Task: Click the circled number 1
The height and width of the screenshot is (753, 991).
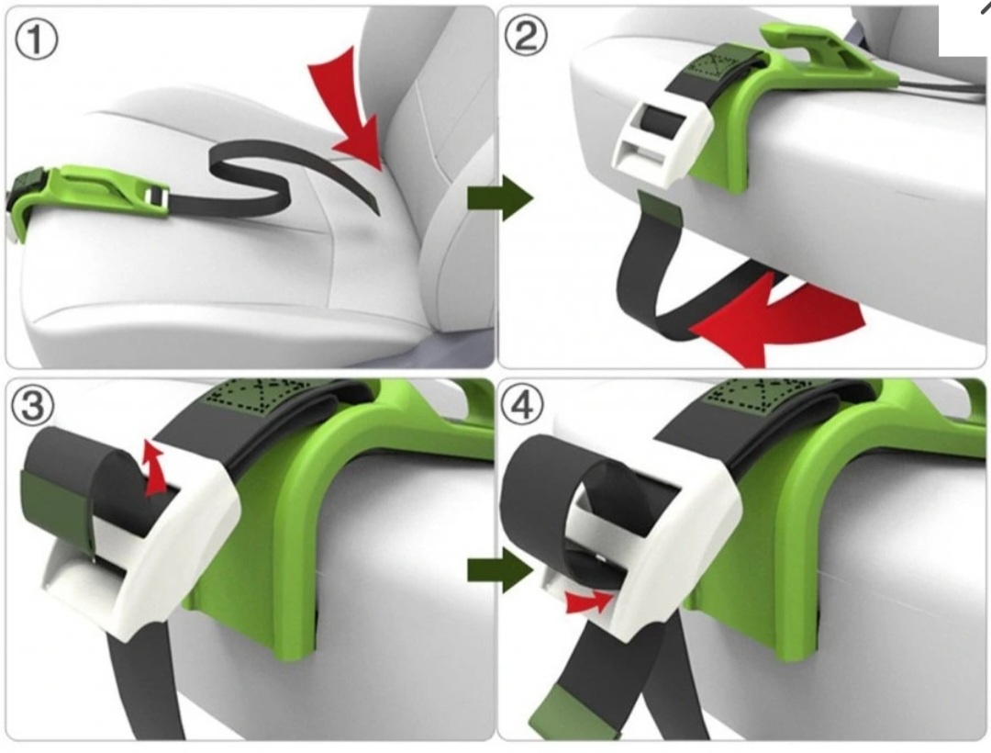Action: (36, 39)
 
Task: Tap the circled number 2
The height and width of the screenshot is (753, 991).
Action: (526, 36)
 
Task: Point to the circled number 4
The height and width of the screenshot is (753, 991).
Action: (522, 405)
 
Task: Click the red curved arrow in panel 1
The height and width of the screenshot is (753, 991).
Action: (354, 114)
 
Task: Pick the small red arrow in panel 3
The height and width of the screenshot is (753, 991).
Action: (153, 467)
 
